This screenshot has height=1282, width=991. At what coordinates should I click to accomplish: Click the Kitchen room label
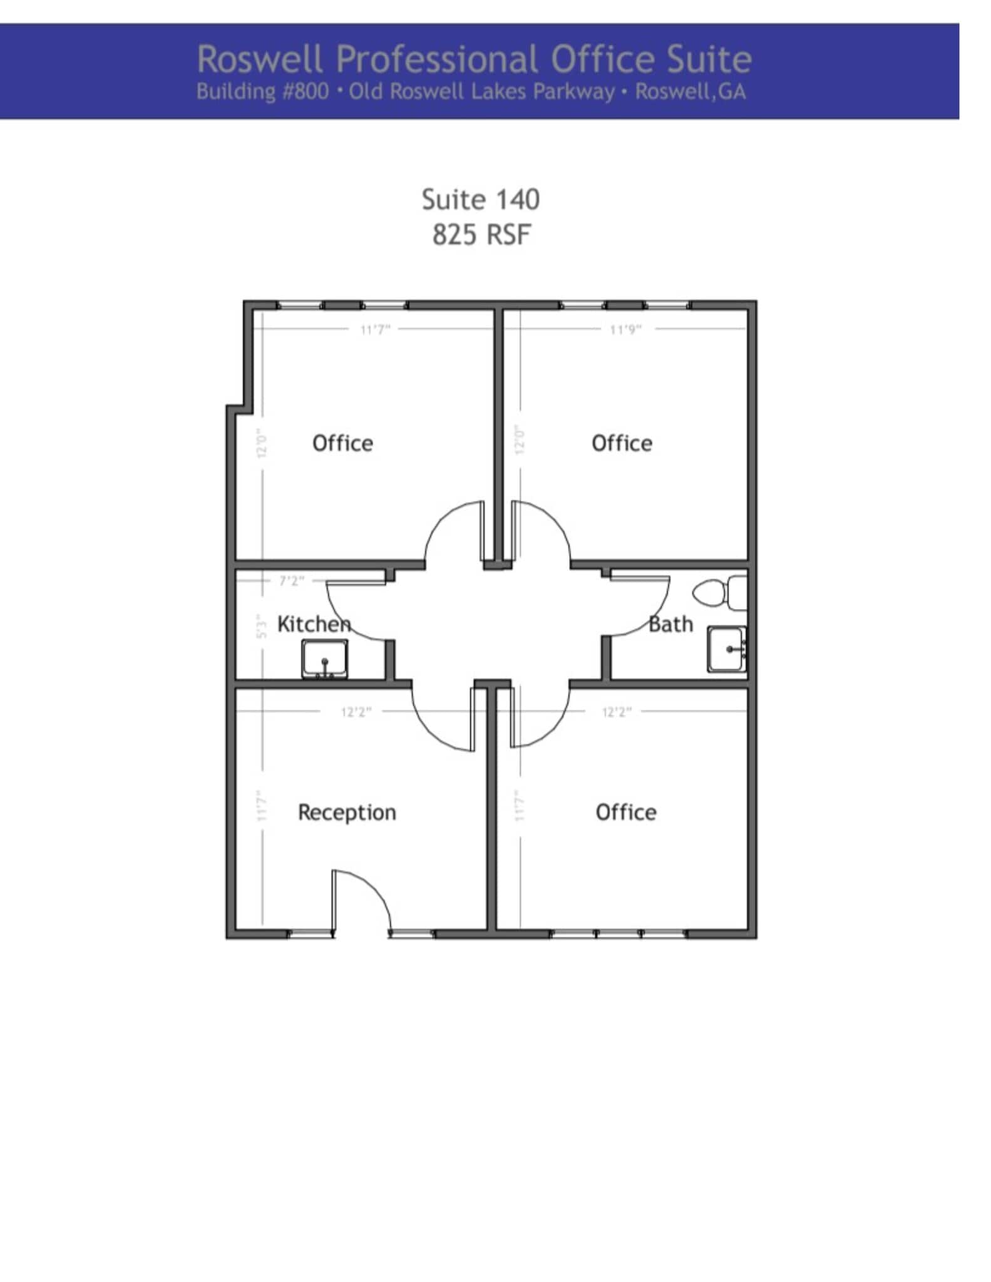coord(314,624)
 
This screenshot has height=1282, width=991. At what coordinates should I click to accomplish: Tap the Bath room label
coord(670,624)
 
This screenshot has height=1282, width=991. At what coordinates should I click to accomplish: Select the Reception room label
coord(347,812)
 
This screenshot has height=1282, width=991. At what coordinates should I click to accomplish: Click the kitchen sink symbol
coord(324,659)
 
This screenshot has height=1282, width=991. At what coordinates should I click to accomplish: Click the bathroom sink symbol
coord(727,649)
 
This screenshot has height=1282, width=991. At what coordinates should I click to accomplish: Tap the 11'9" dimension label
coord(625,329)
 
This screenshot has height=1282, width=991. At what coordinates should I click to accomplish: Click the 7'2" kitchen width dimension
coord(292,581)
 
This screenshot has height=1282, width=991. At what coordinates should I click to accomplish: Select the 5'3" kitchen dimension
coord(262,627)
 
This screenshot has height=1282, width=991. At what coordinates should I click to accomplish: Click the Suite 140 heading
coord(480,200)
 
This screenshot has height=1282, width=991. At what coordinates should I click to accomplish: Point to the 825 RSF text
coord(481,235)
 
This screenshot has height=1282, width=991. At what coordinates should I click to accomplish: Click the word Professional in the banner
coord(437,59)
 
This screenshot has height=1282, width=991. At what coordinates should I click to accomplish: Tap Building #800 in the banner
coord(262,92)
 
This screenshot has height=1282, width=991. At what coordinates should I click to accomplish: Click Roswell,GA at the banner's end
coord(690,92)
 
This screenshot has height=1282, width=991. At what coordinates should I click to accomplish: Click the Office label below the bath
coord(626,812)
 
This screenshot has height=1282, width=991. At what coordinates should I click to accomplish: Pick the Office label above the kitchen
coord(342,443)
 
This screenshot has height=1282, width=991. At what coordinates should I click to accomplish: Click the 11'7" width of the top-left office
coord(375,329)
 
